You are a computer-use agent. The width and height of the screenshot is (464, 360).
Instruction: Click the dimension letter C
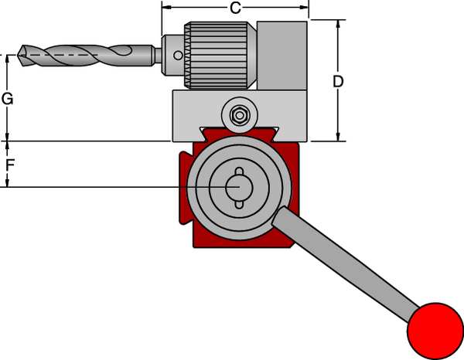click(x=235, y=8)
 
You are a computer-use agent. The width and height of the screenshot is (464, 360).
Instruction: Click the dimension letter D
click(x=338, y=81)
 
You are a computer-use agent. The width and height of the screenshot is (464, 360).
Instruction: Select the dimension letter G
click(x=8, y=99)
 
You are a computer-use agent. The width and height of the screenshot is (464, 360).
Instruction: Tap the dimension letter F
click(x=10, y=165)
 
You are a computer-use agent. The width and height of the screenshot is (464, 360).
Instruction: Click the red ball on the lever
click(x=435, y=331)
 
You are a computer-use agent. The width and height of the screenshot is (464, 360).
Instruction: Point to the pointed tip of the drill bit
click(x=18, y=55)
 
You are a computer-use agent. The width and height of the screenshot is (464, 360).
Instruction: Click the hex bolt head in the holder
click(x=239, y=115)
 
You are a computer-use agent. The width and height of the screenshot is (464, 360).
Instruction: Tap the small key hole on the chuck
click(x=178, y=56)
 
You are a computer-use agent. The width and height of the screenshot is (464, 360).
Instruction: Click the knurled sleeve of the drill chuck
click(x=220, y=55)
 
